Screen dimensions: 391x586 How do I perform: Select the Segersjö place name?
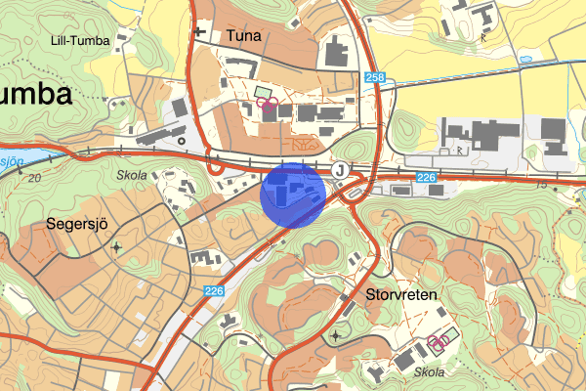pyautogui.click(x=75, y=224)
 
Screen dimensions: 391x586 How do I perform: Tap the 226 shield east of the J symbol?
pyautogui.click(x=425, y=177)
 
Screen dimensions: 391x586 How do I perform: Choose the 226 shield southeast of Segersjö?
pyautogui.click(x=215, y=290)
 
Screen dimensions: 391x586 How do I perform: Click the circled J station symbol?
pyautogui.click(x=339, y=169)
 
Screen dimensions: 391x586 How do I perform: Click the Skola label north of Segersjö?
pyautogui.click(x=131, y=176)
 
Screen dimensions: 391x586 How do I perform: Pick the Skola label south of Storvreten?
pyautogui.click(x=428, y=372)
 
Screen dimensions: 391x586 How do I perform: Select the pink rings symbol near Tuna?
pyautogui.click(x=268, y=104)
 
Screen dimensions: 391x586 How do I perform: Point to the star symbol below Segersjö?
pyautogui.click(x=118, y=247)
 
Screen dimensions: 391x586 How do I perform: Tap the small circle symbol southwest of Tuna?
pyautogui.click(x=182, y=141)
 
